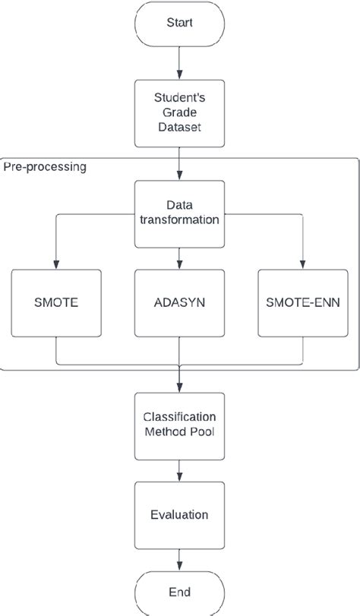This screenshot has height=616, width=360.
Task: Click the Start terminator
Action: click(x=180, y=23)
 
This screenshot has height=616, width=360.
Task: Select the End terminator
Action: click(x=180, y=592)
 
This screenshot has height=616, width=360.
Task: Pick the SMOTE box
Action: click(x=56, y=302)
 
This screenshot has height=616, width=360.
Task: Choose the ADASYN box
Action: click(x=180, y=302)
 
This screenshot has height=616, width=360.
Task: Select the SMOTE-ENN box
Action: click(x=302, y=302)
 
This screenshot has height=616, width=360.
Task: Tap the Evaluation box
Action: click(x=180, y=514)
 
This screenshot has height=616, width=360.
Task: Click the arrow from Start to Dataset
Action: click(x=180, y=64)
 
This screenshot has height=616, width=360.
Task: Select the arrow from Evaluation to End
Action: click(x=180, y=558)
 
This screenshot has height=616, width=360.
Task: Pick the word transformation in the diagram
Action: click(x=180, y=220)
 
